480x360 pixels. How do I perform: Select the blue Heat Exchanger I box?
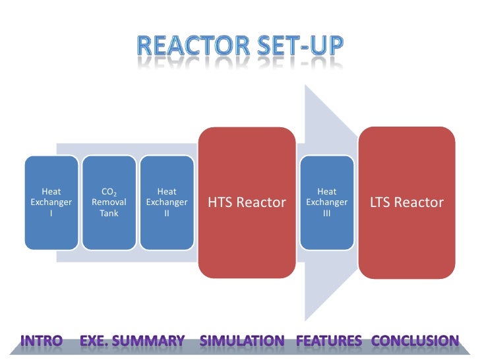point(51,202)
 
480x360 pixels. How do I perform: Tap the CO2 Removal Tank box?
point(109,202)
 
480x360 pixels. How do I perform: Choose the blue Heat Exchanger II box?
point(166,202)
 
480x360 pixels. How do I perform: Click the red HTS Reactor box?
point(247,202)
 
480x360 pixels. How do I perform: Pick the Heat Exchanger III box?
point(326,202)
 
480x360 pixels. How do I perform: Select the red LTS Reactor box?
point(407,202)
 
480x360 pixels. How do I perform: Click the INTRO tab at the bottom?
point(42,341)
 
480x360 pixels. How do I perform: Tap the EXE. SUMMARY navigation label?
point(132,341)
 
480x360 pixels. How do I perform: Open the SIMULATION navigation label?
point(242,341)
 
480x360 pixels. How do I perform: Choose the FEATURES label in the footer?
point(329,341)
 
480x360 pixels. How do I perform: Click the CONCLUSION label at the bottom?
point(415,341)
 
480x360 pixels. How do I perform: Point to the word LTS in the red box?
point(381,202)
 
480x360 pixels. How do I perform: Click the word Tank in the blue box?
point(109,214)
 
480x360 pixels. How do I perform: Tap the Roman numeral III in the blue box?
point(326,214)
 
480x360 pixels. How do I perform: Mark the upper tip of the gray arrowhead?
point(305,87)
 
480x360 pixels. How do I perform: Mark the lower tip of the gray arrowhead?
point(305,320)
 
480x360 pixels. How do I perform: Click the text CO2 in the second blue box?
point(109,192)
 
